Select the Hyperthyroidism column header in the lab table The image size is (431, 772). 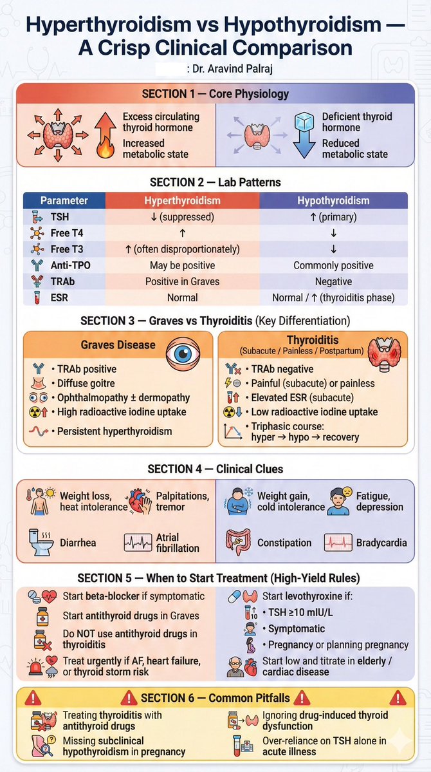click(182, 200)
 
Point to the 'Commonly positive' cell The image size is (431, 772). click(333, 265)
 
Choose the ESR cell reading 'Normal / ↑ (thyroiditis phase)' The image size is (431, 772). click(333, 298)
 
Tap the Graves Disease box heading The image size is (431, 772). click(118, 344)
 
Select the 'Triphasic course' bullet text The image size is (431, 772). click(301, 432)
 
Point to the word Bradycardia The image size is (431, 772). click(381, 543)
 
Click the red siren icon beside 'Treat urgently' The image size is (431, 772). click(40, 667)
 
